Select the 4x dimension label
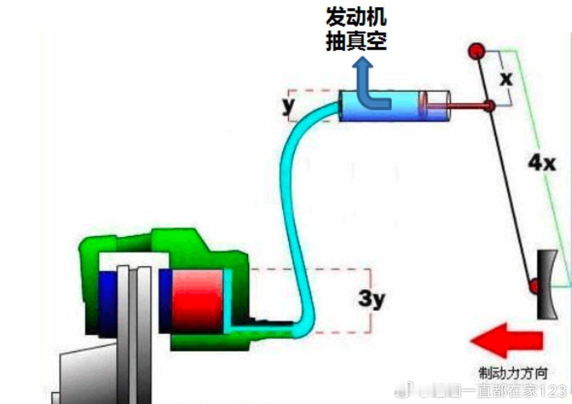tap(541, 163)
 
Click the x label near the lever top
tap(507, 79)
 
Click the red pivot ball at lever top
tap(477, 52)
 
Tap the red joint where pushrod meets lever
tap(489, 106)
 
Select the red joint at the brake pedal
tap(534, 287)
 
